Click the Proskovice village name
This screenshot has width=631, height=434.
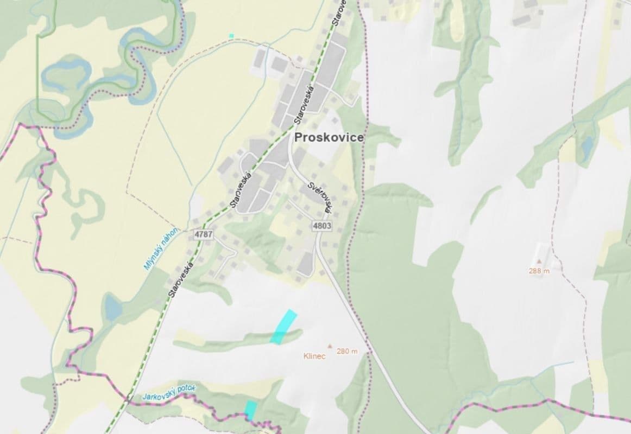tap(329, 138)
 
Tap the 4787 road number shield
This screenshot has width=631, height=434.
tap(203, 234)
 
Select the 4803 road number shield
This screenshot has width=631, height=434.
tap(322, 225)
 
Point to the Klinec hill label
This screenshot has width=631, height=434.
tap(314, 356)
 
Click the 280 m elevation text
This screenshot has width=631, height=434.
tap(347, 351)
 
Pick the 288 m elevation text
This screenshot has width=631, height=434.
tap(539, 271)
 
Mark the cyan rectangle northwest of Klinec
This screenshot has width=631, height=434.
tap(284, 327)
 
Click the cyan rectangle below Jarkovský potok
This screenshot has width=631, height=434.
tap(250, 409)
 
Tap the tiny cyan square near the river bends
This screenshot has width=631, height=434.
tap(231, 36)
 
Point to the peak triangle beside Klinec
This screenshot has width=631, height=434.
tap(329, 345)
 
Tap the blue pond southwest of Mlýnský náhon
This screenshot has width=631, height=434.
tap(113, 308)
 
